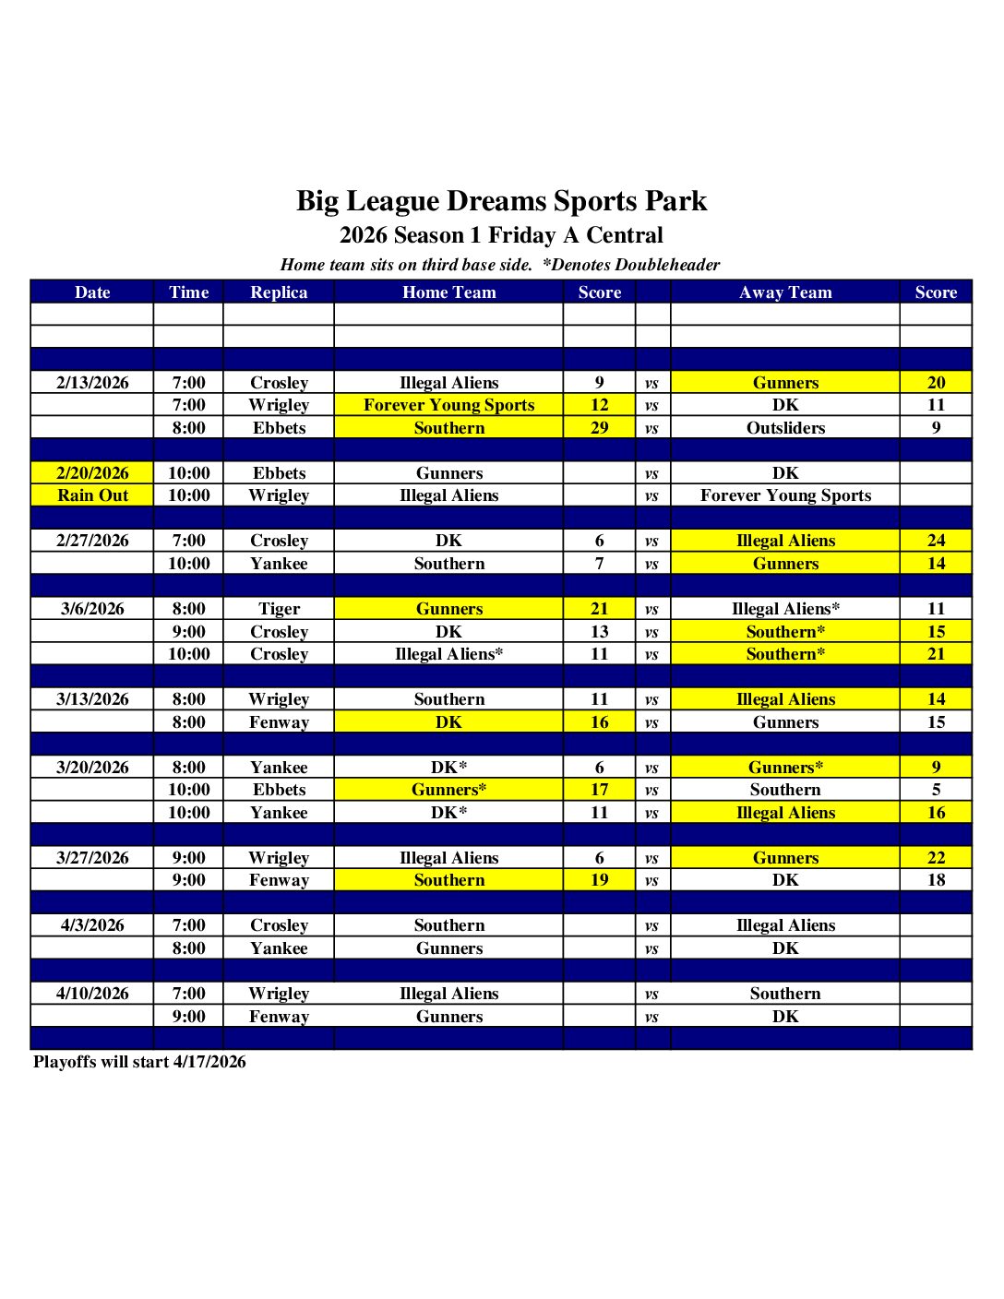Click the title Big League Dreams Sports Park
(501, 201)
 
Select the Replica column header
(279, 292)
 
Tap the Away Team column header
(785, 292)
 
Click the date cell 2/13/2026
(92, 383)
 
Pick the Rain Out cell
(92, 495)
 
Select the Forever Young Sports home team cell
(448, 405)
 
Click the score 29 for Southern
(599, 428)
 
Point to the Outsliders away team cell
(785, 428)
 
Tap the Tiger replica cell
(279, 609)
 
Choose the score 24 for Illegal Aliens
(936, 541)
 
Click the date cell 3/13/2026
(92, 699)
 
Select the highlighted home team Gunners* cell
(448, 790)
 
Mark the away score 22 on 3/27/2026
(936, 858)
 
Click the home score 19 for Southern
(599, 880)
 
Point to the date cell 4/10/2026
(92, 994)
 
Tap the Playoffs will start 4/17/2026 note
(139, 1062)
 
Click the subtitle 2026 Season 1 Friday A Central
(501, 235)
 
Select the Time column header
(188, 292)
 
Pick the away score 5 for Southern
(936, 790)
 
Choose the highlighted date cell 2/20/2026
(92, 473)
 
